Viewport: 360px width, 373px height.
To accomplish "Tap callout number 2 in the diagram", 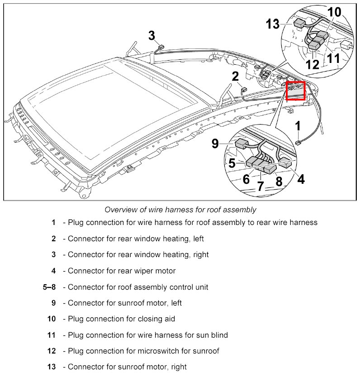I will [235, 76].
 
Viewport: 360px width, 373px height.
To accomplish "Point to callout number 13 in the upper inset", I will [273, 24].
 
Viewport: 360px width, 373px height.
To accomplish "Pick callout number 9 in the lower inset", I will [215, 143].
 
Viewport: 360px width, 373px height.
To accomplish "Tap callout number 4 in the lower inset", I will [301, 179].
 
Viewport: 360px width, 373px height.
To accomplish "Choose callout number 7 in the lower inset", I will [261, 186].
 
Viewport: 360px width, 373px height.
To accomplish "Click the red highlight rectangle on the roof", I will [296, 90].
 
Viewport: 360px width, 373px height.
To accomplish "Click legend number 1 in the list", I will [53, 222].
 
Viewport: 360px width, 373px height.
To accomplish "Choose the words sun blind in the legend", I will [212, 335].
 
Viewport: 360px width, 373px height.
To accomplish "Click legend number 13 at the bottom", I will [51, 367].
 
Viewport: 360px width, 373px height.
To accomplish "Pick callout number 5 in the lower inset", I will [232, 163].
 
